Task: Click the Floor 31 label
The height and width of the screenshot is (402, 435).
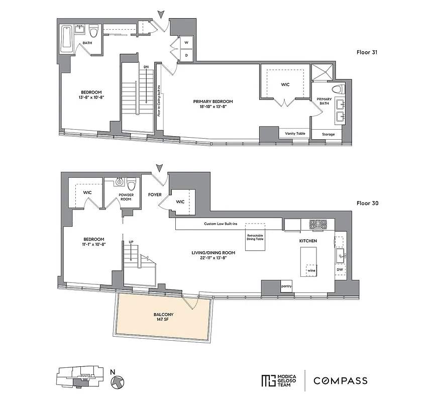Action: pyautogui.click(x=368, y=52)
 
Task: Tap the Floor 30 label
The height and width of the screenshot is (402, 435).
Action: pyautogui.click(x=368, y=204)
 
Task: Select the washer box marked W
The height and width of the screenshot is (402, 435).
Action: pyautogui.click(x=185, y=43)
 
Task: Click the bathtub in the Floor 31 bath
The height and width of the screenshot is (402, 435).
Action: pyautogui.click(x=66, y=39)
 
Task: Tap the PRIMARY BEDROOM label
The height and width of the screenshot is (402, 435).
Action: pyautogui.click(x=213, y=101)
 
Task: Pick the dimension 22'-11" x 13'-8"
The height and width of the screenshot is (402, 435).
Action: pyautogui.click(x=213, y=257)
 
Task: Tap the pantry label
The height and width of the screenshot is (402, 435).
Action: pyautogui.click(x=286, y=286)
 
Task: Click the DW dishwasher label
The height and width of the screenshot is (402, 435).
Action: pyautogui.click(x=340, y=270)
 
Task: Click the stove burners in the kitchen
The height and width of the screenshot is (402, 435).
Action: pyautogui.click(x=317, y=224)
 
